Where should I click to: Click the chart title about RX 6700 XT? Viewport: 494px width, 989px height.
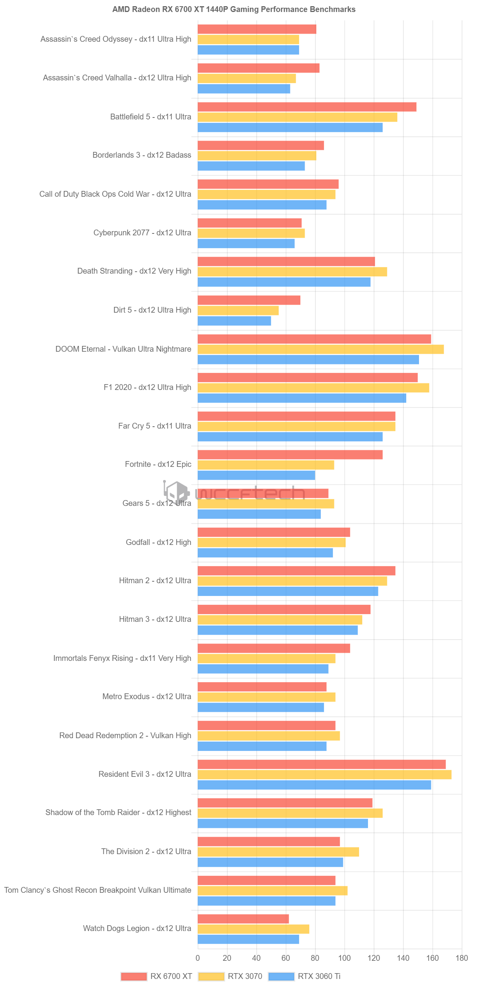tap(233, 9)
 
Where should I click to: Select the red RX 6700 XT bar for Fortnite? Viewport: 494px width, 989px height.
tap(290, 455)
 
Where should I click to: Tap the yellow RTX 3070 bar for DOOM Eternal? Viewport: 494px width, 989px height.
tap(320, 349)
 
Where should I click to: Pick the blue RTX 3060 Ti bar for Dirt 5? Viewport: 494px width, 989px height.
tap(234, 321)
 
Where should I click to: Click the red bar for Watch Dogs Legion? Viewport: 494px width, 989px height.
tap(243, 919)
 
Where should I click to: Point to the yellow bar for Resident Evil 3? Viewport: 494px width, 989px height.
tap(324, 775)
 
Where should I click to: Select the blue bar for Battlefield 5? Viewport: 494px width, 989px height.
tap(290, 128)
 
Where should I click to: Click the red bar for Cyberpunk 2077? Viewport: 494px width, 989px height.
tap(249, 223)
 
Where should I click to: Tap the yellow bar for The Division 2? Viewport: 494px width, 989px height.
tap(278, 852)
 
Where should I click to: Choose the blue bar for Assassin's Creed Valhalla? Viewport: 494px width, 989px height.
tap(244, 89)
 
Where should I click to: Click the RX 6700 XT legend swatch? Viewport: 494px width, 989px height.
tap(134, 976)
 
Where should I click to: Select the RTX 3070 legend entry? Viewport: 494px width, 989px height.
tap(245, 976)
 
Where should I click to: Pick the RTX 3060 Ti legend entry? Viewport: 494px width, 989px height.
tap(319, 976)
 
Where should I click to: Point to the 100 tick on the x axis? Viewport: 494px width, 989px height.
tap(344, 958)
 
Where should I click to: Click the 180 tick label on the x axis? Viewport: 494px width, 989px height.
tap(462, 958)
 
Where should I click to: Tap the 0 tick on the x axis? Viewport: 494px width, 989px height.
tap(198, 958)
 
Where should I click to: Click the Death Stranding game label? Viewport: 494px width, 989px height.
tap(134, 271)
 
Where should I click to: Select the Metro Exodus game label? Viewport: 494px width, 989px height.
tap(146, 696)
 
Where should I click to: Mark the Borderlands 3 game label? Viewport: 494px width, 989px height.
tap(141, 155)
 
